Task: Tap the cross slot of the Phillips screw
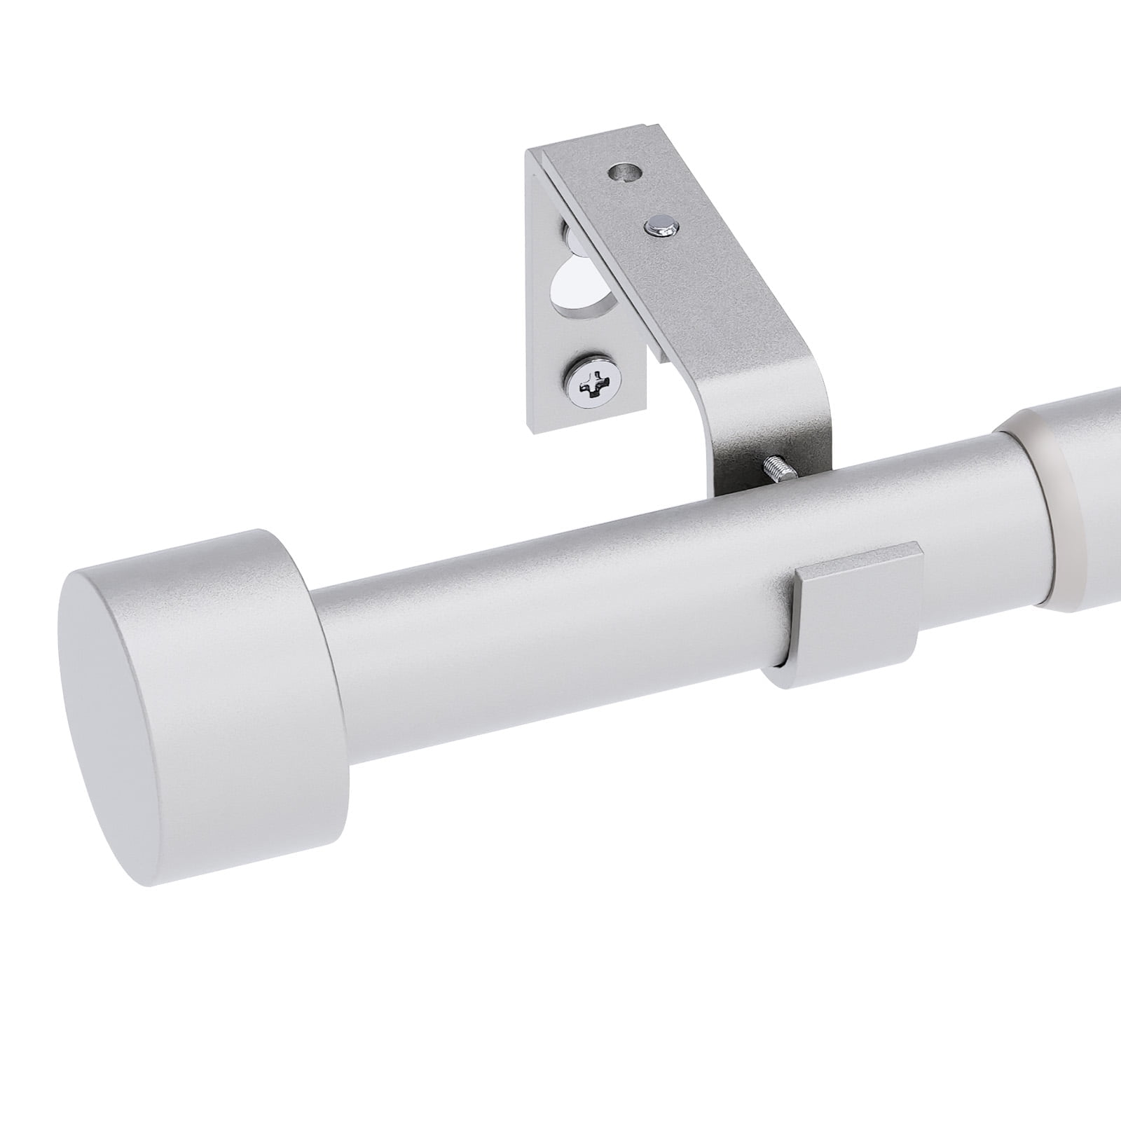591,383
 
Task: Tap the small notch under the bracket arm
661,353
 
